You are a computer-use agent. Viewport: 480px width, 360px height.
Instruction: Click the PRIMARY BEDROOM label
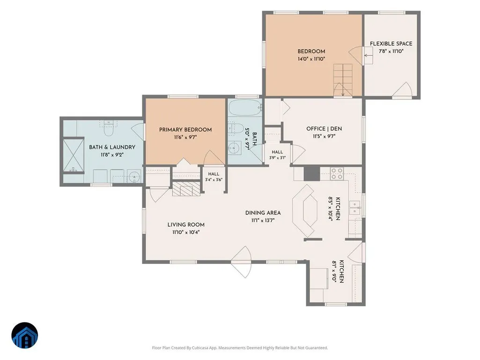185,130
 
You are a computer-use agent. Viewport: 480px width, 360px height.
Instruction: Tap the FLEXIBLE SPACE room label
391,44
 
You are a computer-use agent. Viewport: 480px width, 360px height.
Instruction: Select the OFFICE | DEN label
324,129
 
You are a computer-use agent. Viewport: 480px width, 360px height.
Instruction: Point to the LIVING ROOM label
186,225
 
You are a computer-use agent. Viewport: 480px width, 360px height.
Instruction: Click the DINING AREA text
263,213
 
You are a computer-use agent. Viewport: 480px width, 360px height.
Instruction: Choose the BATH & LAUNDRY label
112,147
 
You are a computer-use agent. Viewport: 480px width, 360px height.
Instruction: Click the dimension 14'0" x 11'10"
311,59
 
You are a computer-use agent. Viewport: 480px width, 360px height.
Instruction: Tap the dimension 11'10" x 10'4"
186,232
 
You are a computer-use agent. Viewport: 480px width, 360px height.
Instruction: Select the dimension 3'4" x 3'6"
214,180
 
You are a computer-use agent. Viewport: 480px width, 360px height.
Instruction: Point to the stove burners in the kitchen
337,174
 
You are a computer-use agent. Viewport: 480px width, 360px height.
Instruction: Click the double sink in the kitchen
355,207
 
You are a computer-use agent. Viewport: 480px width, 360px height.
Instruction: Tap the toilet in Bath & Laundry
109,128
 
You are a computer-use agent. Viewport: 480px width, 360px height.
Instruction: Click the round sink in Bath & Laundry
134,176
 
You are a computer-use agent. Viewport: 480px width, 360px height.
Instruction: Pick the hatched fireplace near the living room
185,188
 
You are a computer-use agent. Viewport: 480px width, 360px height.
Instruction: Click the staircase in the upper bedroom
343,80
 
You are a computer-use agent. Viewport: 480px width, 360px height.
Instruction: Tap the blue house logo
25,335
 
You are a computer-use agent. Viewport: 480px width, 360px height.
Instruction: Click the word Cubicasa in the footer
200,348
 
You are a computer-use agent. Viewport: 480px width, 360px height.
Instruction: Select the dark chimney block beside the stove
311,174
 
